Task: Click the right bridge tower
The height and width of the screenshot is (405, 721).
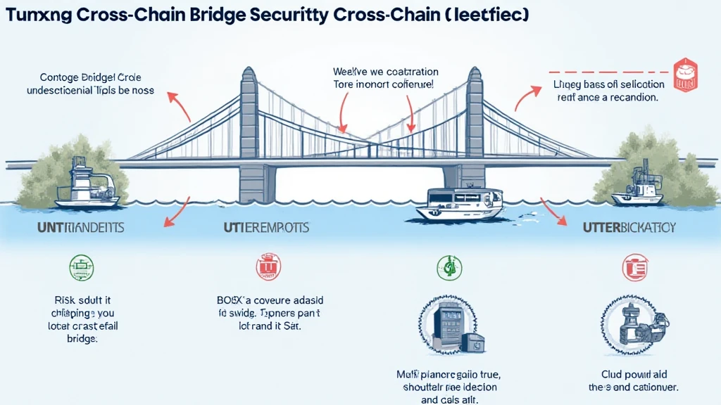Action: [x=474, y=134]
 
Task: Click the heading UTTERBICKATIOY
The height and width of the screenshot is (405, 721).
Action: [x=629, y=228]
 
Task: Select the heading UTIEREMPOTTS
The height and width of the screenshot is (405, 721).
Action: [x=267, y=228]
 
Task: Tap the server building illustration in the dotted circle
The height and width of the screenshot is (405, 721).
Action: [x=451, y=325]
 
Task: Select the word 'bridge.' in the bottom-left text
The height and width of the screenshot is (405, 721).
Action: [x=82, y=338]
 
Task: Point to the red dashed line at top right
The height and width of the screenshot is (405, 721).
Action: [x=609, y=72]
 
